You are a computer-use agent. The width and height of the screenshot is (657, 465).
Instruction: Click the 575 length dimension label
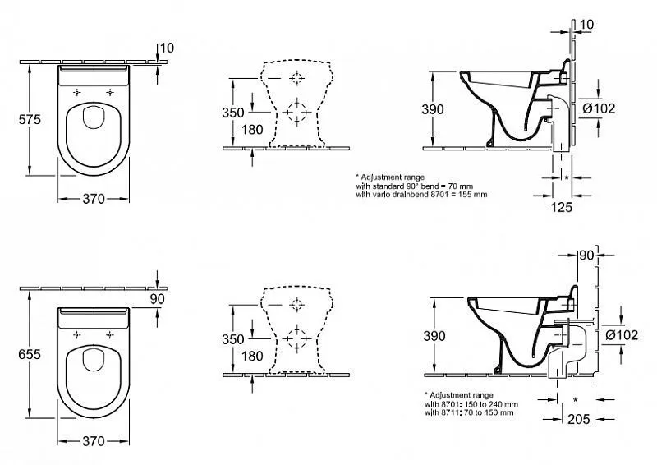point(30,120)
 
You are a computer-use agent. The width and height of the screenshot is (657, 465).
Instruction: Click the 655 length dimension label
point(30,355)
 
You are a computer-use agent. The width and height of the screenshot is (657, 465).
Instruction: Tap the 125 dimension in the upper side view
point(562,207)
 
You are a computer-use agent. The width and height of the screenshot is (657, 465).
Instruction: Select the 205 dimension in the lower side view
point(579,419)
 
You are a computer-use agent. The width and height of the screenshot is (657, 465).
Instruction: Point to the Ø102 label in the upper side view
point(600,108)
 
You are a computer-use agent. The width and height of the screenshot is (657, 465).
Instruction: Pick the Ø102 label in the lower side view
point(622,335)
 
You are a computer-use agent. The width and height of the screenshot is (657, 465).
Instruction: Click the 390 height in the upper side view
point(433,109)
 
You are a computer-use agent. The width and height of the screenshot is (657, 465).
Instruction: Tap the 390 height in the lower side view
point(434,336)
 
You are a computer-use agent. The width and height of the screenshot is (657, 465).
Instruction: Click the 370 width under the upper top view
point(94,199)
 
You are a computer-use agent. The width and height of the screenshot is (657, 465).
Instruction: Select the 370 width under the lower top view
point(94,441)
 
